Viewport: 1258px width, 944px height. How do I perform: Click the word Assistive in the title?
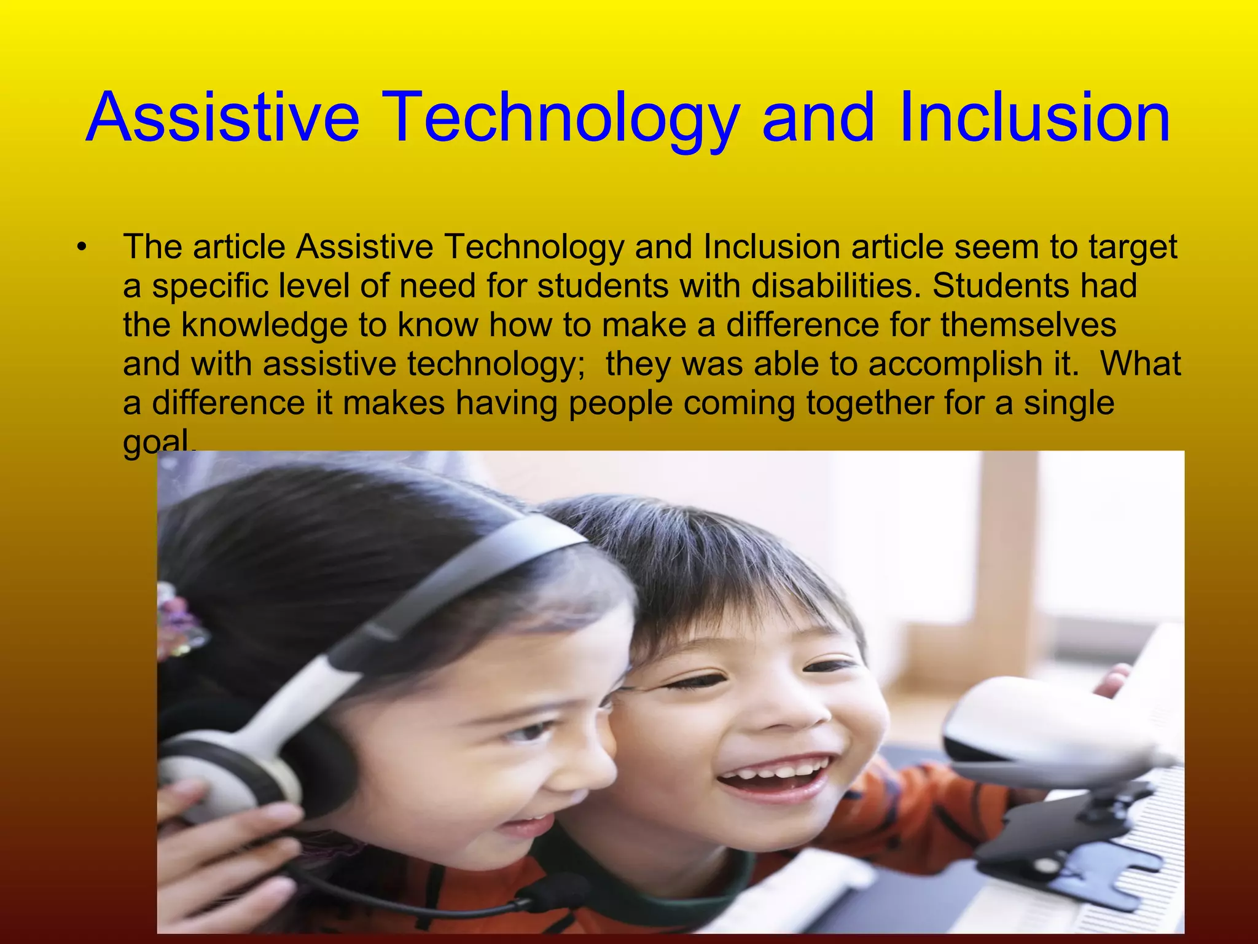pos(222,117)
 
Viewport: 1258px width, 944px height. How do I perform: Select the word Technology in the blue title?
pos(562,118)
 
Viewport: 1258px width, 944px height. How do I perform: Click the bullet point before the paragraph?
pos(81,248)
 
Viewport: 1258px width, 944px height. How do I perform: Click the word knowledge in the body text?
pos(265,325)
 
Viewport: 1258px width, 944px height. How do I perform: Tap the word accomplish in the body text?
pos(943,364)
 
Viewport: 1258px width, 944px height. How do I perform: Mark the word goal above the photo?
pos(156,440)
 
